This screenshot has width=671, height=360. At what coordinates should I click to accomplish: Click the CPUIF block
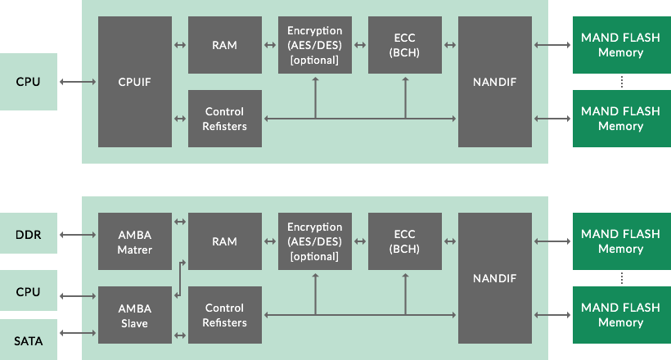(135, 82)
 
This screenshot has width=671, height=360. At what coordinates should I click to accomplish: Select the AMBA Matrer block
(135, 241)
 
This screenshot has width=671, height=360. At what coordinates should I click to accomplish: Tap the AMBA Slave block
(135, 315)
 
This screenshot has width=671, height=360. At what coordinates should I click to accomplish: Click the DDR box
(29, 236)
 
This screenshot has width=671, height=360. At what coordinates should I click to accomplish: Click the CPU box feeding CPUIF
(29, 82)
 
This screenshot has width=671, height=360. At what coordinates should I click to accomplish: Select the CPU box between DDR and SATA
(29, 290)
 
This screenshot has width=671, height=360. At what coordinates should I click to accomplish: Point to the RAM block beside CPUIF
(225, 45)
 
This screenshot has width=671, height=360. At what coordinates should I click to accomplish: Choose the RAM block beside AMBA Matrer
(225, 241)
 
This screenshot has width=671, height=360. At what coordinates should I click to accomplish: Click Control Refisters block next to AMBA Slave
(225, 315)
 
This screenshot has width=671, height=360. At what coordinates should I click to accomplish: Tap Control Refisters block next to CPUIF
(225, 119)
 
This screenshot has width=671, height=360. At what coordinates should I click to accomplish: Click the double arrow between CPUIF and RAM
(180, 45)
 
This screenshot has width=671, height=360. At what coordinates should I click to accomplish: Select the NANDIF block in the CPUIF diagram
(495, 82)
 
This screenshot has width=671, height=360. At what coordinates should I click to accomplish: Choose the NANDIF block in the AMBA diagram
(495, 278)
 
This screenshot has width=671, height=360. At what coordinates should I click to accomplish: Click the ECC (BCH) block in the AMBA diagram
(405, 241)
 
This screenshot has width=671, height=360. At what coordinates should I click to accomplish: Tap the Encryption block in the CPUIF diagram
(315, 45)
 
